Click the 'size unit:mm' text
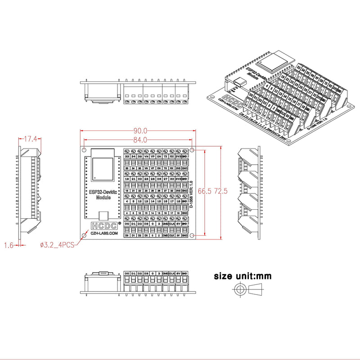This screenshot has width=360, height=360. tap(243, 276)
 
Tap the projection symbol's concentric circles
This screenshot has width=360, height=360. tap(239, 289)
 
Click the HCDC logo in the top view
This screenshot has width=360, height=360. tap(103, 226)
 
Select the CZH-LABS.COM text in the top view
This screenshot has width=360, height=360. tap(104, 234)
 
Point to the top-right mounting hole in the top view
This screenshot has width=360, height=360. tap(193, 149)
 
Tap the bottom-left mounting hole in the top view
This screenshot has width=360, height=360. tap(84, 234)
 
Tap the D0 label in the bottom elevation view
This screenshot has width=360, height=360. tap(127, 274)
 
